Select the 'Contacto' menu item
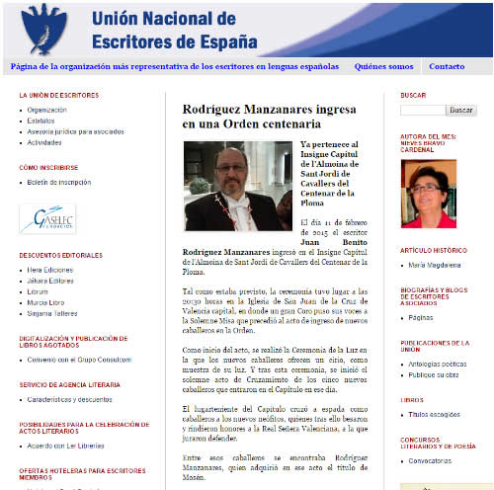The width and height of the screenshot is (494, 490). coord(447,67)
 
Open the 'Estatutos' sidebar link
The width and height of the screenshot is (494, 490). coord(41,121)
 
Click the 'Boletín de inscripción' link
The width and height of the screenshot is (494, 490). coord(57,182)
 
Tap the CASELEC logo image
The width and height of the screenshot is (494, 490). coord(47,219)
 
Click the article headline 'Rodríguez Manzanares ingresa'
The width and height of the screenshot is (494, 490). coord(252,117)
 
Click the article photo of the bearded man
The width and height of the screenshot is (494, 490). coord(238,185)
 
